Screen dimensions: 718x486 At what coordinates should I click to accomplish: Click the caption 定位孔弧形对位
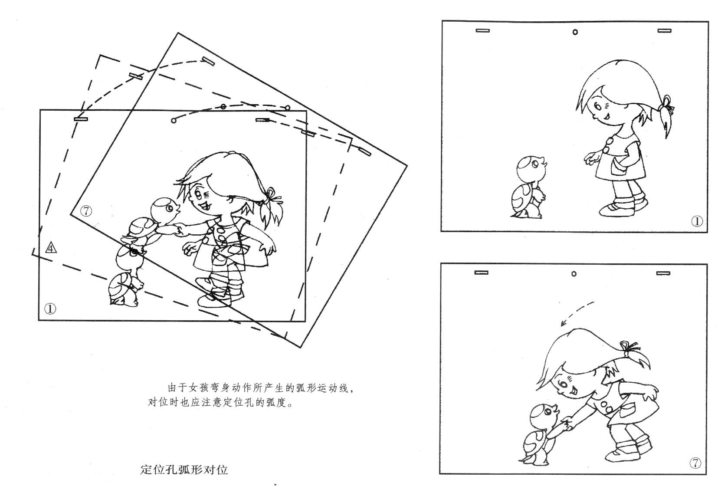(184, 470)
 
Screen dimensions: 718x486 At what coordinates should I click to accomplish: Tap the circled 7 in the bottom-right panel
(695, 463)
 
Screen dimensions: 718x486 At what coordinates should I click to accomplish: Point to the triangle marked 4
(51, 248)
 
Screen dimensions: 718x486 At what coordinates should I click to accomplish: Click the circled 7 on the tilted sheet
(86, 211)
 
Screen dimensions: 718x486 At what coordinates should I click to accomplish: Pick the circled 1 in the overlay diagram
(50, 309)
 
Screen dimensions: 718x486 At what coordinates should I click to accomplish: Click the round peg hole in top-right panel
(575, 32)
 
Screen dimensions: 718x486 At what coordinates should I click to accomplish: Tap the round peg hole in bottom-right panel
(574, 274)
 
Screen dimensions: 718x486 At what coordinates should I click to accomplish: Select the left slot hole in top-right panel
(483, 30)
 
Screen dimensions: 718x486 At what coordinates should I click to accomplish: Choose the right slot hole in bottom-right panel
(663, 273)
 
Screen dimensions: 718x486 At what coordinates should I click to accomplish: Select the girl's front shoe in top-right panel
(616, 210)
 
